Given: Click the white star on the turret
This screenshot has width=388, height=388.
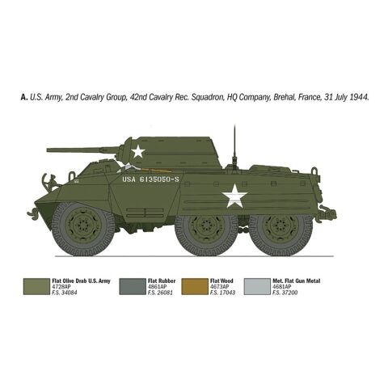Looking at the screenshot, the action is tap(138, 151).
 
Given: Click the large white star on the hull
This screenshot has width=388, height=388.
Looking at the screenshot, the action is tap(234, 196).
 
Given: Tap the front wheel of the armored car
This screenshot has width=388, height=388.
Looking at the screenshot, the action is tap(83, 229).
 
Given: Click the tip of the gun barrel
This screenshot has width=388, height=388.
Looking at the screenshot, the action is tap(48, 150).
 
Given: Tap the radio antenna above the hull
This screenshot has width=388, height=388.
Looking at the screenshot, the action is tap(234, 145).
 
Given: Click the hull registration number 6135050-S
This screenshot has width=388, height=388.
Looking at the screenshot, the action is tap(159, 179).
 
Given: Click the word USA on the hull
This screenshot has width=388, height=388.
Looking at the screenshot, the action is tap(129, 179).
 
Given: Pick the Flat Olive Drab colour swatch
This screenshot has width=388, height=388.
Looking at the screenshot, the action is tap(36, 287).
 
